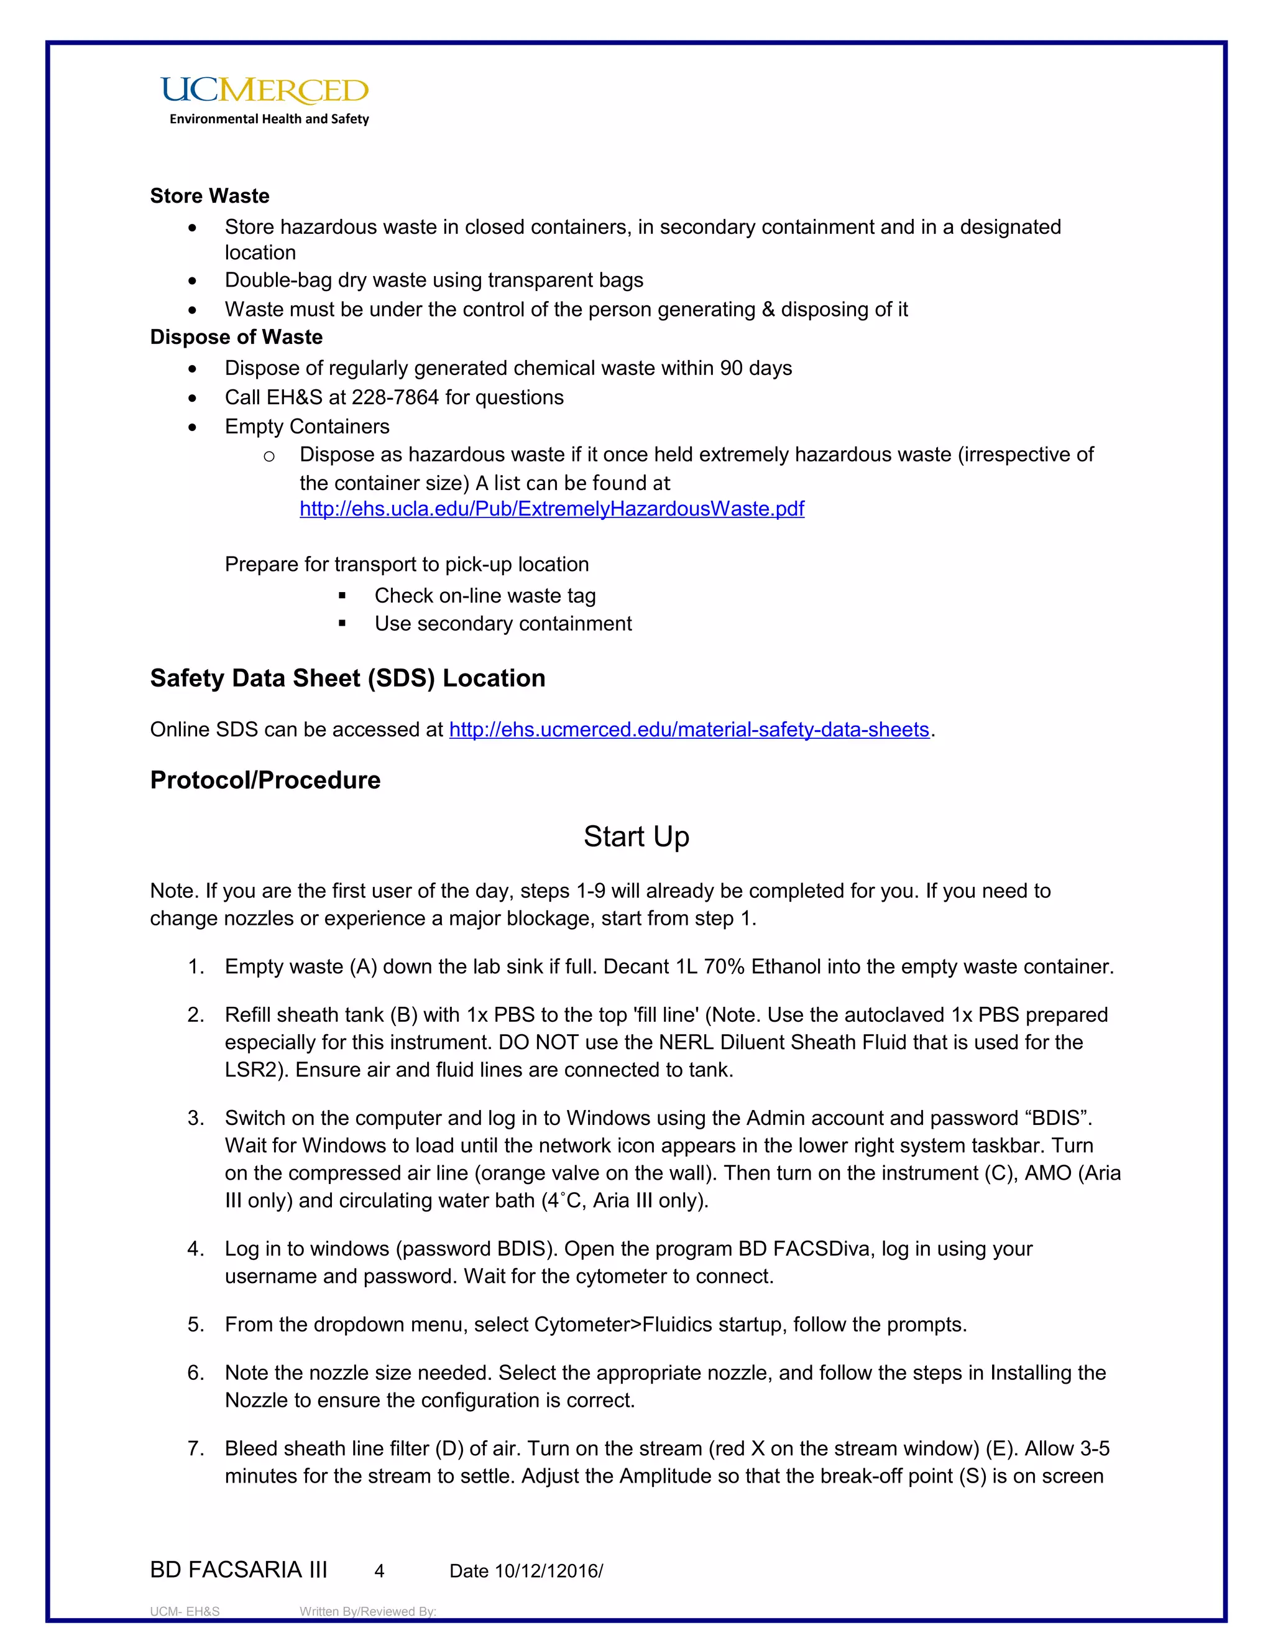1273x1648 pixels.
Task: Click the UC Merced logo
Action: click(264, 91)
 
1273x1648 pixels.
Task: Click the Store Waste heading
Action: click(209, 196)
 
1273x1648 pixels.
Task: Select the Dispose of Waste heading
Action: click(236, 337)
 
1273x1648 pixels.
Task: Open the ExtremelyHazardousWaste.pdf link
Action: click(551, 509)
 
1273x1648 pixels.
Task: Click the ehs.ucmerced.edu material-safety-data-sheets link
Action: click(689, 729)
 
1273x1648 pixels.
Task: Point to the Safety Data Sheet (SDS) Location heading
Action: click(347, 678)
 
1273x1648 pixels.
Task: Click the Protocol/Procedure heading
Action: click(265, 780)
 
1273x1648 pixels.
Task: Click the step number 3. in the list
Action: click(196, 1118)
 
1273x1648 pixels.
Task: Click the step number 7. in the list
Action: click(196, 1449)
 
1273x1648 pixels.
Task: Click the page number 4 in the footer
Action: click(379, 1572)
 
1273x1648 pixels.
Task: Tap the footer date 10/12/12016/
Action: click(548, 1572)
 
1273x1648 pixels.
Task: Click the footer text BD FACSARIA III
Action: click(238, 1570)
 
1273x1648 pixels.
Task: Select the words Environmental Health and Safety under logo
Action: click(269, 119)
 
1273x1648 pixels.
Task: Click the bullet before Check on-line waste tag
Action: click(342, 596)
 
